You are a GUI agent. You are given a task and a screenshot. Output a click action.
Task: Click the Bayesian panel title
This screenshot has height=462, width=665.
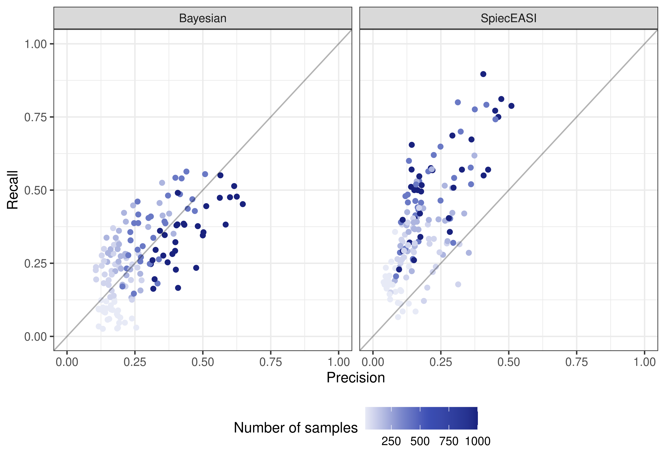[x=203, y=18]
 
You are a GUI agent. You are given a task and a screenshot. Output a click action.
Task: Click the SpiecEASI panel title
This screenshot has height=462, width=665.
[x=508, y=18]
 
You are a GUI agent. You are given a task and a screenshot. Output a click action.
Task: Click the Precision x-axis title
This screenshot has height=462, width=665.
[x=355, y=377]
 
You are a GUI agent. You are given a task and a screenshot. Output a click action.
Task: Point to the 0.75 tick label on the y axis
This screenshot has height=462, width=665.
[x=35, y=117]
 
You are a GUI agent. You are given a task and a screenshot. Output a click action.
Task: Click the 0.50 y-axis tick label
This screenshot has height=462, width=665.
[x=35, y=190]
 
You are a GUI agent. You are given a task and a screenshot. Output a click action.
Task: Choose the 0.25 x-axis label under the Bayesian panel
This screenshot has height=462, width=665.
[x=135, y=362]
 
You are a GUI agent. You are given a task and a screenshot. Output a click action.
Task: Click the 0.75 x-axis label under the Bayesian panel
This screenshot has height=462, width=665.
[x=270, y=362]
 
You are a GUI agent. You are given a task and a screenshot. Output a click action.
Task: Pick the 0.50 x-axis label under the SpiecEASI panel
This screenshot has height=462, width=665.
[x=508, y=362]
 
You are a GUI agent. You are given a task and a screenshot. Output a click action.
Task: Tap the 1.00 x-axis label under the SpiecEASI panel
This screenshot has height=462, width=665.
[x=645, y=362]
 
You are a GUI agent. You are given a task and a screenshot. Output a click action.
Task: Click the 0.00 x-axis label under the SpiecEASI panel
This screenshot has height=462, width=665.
[x=373, y=362]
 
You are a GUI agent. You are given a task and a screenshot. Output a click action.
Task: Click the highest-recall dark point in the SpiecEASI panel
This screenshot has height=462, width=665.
[x=483, y=74]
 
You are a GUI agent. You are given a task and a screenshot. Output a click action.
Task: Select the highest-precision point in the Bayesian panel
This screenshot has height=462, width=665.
[x=243, y=204]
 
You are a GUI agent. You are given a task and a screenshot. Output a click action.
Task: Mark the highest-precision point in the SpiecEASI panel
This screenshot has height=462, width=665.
[x=511, y=106]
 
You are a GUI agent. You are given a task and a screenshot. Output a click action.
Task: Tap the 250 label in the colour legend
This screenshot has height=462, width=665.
[x=391, y=441]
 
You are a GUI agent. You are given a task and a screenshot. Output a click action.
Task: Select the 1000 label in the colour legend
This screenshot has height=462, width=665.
[x=477, y=441]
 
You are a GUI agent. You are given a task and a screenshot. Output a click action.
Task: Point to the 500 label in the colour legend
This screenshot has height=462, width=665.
[x=420, y=441]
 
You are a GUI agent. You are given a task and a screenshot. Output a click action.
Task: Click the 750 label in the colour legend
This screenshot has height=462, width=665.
[x=449, y=441]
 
